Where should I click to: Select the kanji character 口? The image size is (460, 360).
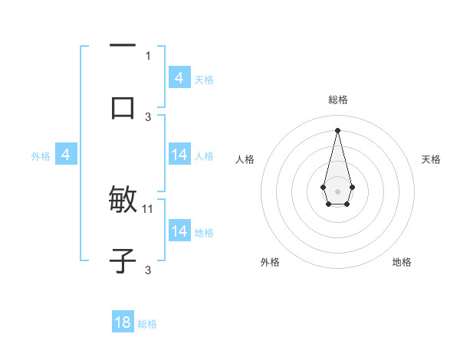123,107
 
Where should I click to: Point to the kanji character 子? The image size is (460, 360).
123,260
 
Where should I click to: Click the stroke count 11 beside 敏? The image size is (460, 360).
148,208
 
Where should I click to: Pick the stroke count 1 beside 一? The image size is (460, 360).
148,55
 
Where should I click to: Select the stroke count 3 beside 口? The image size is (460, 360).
148,116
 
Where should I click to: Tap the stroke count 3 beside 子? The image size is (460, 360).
148,270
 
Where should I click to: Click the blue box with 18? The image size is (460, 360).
123,322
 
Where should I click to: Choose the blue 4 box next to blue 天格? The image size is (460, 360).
179,77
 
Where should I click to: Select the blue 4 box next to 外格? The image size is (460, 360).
66,155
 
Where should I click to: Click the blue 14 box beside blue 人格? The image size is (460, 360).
179,155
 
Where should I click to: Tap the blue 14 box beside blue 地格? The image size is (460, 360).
179,231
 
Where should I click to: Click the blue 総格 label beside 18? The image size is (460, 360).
147,324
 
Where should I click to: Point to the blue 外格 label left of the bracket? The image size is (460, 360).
41,156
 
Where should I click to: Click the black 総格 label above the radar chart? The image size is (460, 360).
337,100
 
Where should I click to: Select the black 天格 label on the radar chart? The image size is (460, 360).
432,159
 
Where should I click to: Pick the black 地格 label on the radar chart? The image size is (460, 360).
402,263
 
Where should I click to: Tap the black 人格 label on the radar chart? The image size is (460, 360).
245,159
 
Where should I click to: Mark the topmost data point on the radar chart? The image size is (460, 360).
337,129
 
